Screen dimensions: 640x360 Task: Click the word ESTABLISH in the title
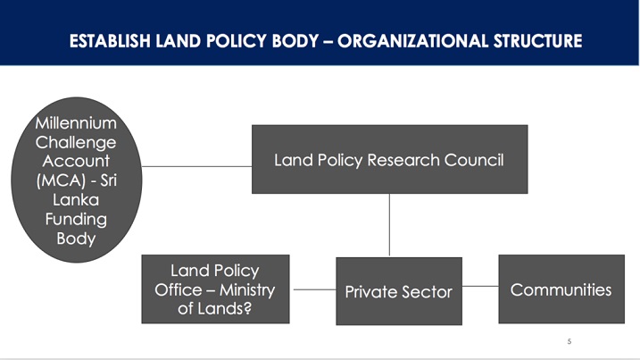point(110,41)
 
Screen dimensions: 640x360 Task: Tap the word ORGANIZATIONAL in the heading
point(412,41)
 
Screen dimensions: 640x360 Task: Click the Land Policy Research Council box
point(389,159)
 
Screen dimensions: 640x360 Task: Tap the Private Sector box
point(399,291)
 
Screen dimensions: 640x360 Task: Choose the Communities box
point(561,289)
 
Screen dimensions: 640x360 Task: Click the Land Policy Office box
point(215,289)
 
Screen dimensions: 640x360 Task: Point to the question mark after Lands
point(247,308)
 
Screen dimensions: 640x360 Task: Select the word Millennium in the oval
point(76,123)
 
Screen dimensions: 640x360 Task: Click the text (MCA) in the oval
point(61,180)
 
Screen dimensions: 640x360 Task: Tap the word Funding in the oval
point(76,220)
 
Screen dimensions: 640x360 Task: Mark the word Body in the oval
point(76,239)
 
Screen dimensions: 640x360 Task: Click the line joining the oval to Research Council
point(196,166)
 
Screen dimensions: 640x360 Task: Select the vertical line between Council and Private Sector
point(389,225)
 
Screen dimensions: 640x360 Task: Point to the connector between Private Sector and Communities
point(480,286)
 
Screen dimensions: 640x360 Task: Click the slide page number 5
point(569,341)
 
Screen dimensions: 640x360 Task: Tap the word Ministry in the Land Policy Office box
point(247,290)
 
